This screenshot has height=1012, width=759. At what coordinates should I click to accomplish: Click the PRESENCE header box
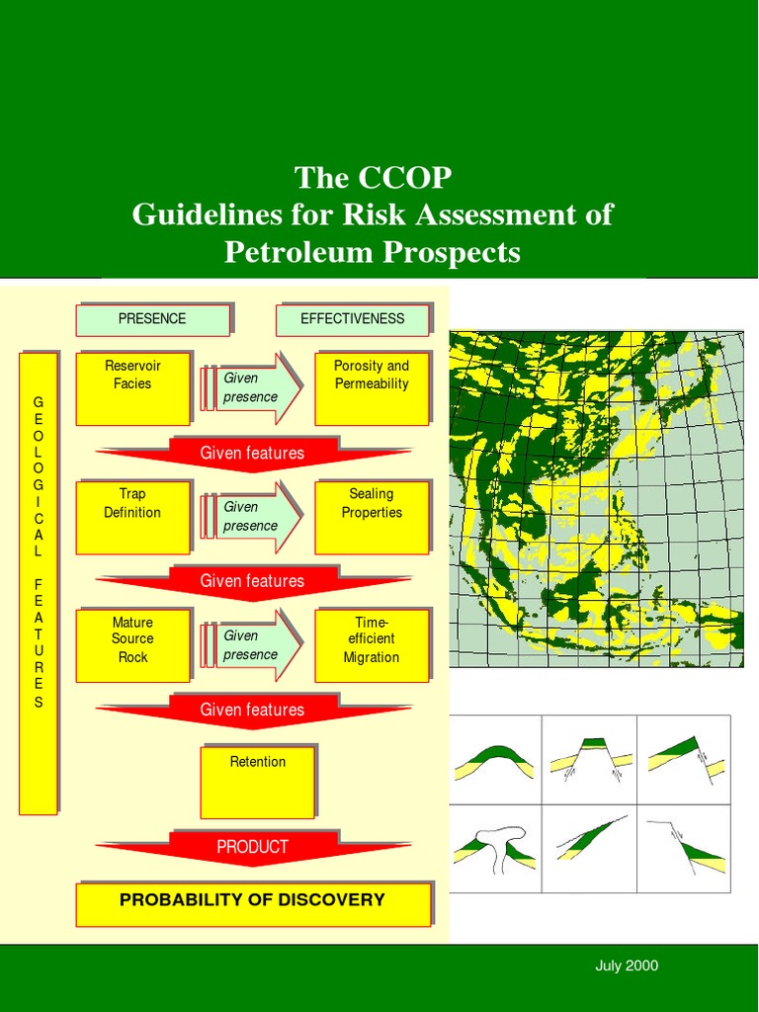click(x=152, y=319)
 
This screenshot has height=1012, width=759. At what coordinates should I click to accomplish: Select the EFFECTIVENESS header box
click(x=352, y=319)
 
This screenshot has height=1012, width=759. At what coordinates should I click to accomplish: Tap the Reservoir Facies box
click(x=132, y=387)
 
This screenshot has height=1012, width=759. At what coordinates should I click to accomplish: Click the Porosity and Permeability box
click(x=372, y=387)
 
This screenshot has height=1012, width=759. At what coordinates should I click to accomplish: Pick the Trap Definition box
click(x=132, y=516)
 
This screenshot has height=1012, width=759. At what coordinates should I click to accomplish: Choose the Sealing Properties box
click(x=372, y=516)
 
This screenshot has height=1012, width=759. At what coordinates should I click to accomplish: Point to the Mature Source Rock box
click(x=132, y=644)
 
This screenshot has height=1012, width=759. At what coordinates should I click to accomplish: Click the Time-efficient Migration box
click(x=372, y=644)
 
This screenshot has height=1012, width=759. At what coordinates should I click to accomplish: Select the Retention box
click(x=257, y=782)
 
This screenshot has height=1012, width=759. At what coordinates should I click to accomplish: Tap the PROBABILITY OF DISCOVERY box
click(x=253, y=903)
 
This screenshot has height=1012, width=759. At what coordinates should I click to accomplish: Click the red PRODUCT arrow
click(x=253, y=848)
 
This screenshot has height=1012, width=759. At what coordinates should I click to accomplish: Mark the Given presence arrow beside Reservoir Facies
click(x=252, y=387)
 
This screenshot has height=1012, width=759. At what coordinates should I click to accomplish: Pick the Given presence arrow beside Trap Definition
click(x=252, y=516)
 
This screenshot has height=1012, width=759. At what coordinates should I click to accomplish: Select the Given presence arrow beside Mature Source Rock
click(x=252, y=644)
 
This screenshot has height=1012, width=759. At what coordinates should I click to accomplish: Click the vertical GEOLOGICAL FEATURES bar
click(x=39, y=583)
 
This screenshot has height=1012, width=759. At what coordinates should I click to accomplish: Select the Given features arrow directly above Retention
click(x=253, y=711)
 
